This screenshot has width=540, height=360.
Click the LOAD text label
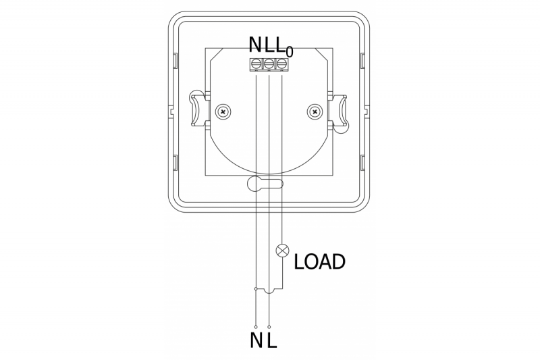pyautogui.click(x=320, y=261)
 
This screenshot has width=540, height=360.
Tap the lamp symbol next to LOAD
pyautogui.click(x=282, y=251)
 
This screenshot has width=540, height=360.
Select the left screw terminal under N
pyautogui.click(x=256, y=65)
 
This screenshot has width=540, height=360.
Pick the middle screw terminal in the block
pyautogui.click(x=269, y=65)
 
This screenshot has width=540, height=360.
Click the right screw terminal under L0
pyautogui.click(x=281, y=65)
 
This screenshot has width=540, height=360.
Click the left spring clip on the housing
pyautogui.click(x=196, y=108)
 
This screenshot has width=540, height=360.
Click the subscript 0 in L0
pyautogui.click(x=290, y=51)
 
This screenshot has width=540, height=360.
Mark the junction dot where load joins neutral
pyautogui.click(x=256, y=289)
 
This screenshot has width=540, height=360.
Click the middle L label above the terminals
pyautogui.click(x=269, y=45)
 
